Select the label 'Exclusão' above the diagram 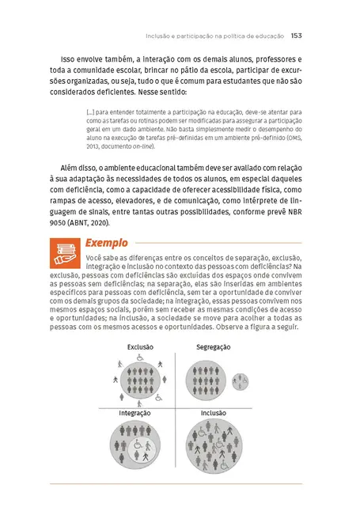point(140,347)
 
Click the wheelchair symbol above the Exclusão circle point(140,357)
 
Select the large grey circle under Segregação point(207,380)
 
